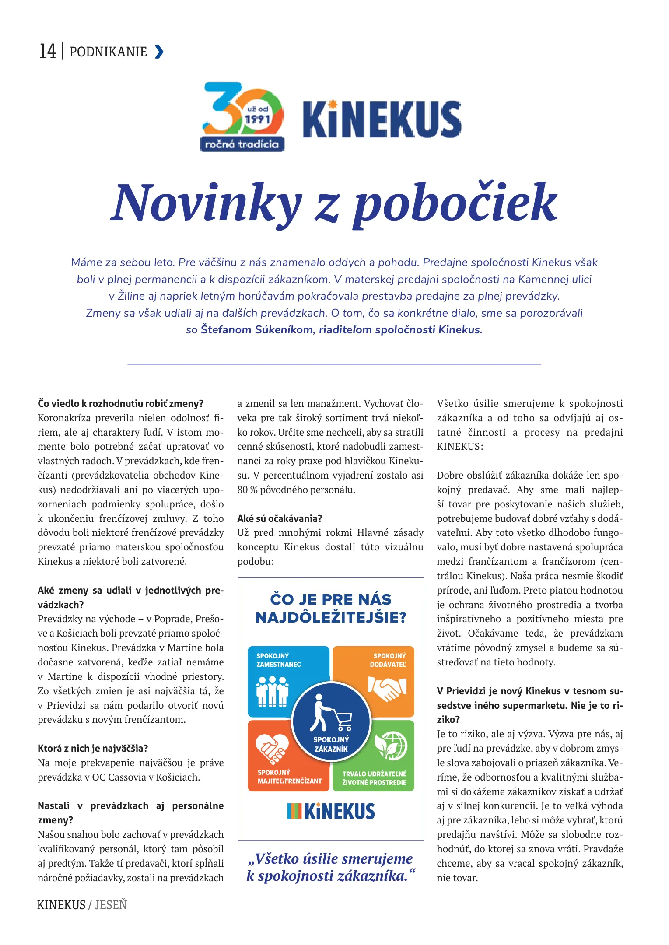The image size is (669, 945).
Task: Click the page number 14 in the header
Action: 48,51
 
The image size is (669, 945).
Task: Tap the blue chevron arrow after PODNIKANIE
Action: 159,52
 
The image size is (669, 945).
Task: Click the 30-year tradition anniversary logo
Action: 242,117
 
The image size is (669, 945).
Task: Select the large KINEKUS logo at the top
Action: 382,119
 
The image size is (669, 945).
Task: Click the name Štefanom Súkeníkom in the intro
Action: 256,329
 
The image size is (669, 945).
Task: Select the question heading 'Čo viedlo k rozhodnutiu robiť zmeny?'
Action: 121,403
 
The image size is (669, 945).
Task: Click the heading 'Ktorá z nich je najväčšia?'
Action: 93,748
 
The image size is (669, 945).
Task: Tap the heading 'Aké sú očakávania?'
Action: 280,518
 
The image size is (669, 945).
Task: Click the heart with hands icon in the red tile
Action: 272,748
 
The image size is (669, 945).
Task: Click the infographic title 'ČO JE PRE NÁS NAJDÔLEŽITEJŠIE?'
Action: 331,608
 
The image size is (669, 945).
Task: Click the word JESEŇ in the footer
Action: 111,905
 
